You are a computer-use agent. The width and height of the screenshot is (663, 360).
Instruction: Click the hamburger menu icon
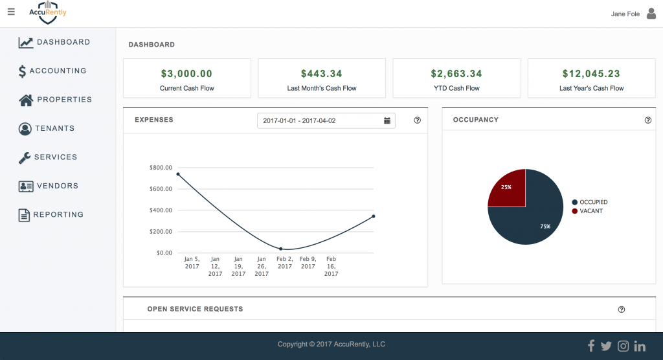coord(10,12)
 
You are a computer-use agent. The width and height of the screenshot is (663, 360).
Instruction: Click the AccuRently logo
coord(48,12)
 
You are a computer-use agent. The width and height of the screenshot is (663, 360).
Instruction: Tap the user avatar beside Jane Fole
coord(651,14)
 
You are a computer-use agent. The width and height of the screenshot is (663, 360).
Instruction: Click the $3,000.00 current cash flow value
coord(186,74)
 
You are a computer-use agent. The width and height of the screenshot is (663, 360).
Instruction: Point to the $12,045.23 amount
coord(591,74)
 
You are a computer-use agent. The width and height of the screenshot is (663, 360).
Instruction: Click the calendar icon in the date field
coord(387,120)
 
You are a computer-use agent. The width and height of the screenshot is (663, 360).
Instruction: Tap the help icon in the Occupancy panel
coord(648,120)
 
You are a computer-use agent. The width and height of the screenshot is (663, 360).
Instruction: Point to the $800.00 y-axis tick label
coord(161,168)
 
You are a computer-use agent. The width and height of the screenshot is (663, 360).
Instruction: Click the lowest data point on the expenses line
coord(281,249)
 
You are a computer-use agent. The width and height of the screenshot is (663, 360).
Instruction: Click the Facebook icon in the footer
coord(590,346)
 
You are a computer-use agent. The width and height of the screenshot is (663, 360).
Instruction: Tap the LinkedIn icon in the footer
coord(640,346)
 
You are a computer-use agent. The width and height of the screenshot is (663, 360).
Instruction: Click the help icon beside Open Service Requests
coord(622,309)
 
